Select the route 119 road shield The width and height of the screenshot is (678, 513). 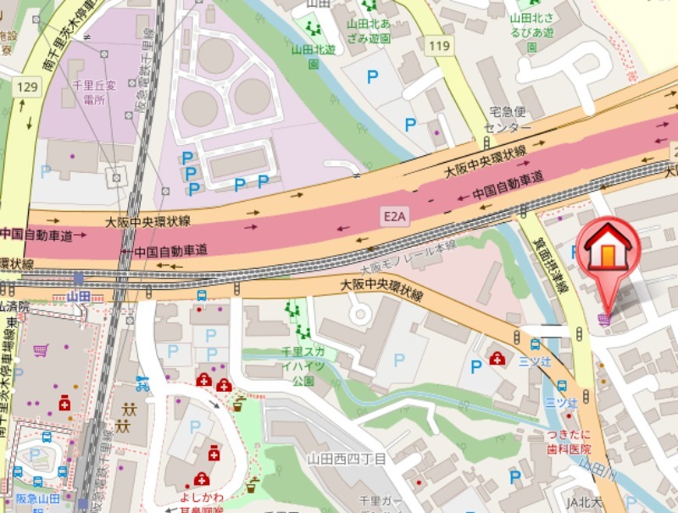click(x=438, y=47)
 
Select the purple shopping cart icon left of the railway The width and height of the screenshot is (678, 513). click(x=40, y=349)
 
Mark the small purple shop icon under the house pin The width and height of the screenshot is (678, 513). click(x=603, y=318)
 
